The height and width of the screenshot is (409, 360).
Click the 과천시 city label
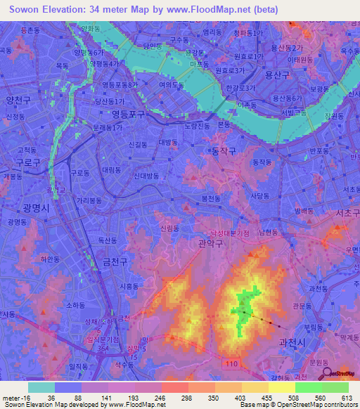point(292,342)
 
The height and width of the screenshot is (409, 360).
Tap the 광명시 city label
point(15,209)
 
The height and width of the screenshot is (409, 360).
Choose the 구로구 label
point(16,162)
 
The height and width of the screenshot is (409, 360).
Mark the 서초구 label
point(347,212)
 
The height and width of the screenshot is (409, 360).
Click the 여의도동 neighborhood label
point(171,85)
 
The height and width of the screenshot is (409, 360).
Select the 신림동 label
point(170,228)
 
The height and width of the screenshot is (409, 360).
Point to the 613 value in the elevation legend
point(347,396)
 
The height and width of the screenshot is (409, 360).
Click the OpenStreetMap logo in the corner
point(340,373)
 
